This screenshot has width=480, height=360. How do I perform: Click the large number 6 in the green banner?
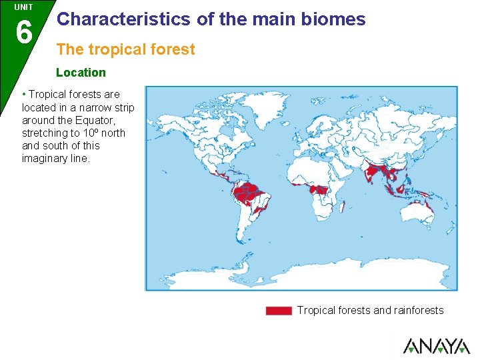23,31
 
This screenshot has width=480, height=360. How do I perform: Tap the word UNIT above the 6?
23,7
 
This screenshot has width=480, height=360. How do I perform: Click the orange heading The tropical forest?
126,49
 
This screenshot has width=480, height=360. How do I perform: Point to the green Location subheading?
81,72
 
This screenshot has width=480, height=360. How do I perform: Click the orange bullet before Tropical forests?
24,94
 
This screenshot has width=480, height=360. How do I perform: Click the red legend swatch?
279,311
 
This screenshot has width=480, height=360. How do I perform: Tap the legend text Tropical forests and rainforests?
370,310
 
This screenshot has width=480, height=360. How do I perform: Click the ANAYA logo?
436,345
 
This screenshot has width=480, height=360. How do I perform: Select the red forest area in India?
369,172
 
